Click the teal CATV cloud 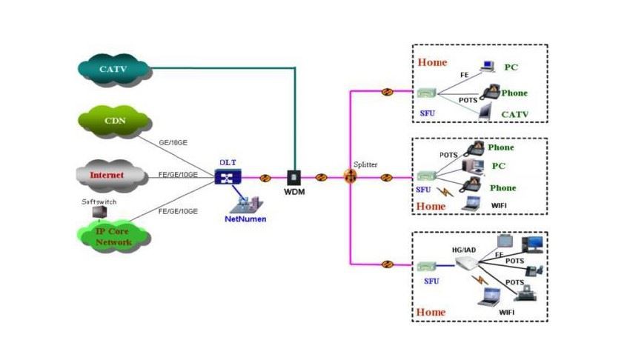113,70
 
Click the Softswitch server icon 97,212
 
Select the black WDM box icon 293,178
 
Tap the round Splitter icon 350,177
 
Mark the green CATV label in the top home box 514,114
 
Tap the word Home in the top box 432,62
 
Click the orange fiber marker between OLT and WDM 265,178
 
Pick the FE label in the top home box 464,75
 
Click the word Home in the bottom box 431,312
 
